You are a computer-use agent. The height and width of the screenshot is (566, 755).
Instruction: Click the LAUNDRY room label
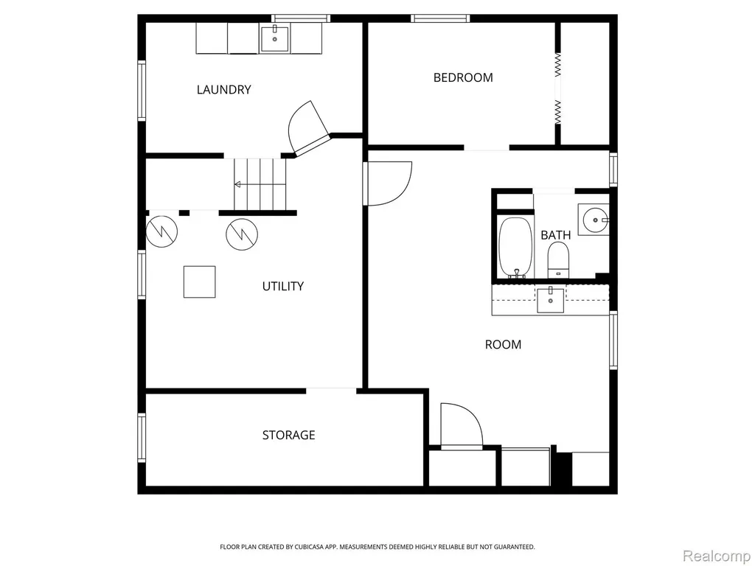pos(224,89)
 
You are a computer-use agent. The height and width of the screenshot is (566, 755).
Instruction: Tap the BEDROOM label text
pos(463,77)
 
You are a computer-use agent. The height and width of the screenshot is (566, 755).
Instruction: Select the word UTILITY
pos(283,287)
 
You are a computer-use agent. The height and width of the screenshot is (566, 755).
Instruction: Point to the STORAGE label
pos(288,435)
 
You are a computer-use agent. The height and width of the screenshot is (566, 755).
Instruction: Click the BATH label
pos(556,235)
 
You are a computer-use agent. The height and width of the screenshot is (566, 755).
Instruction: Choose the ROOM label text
pos(503,345)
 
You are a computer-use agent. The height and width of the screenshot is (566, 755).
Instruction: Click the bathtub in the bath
pos(515,248)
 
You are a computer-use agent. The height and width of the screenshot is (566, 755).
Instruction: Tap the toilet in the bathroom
pos(559,260)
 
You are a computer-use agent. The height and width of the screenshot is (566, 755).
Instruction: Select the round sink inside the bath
pos(595,220)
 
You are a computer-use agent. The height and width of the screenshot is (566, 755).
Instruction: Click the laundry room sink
pos(275,40)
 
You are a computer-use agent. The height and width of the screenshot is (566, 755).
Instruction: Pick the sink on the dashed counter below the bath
pos(551,300)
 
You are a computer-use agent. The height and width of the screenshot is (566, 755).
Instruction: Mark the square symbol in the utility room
pos(199,282)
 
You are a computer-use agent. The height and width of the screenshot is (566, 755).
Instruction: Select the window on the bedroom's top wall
pos(440,18)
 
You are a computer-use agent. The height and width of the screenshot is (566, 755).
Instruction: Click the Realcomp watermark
pos(717,556)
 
